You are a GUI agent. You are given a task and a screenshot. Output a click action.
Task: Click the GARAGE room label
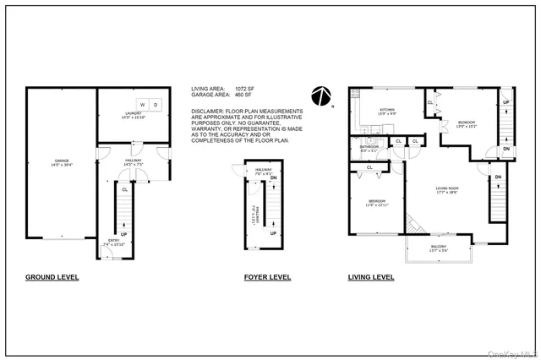click(x=61, y=160)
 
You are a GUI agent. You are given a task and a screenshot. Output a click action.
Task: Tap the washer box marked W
click(x=142, y=105)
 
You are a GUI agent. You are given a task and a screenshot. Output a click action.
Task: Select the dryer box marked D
click(x=155, y=105)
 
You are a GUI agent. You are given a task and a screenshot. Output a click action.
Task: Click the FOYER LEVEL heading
click(x=267, y=276)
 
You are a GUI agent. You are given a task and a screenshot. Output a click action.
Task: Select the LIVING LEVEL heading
click(x=370, y=276)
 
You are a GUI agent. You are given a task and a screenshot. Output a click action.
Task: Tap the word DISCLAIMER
click(x=208, y=111)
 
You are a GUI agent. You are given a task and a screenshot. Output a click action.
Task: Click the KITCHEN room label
click(x=386, y=110)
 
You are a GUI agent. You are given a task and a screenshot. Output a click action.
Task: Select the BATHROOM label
click(x=369, y=145)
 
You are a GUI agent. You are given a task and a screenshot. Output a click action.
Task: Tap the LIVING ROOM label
click(x=446, y=188)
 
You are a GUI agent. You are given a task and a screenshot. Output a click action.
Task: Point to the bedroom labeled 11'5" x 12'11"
click(x=375, y=203)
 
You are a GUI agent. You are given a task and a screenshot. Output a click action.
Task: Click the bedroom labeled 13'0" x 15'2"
click(x=466, y=123)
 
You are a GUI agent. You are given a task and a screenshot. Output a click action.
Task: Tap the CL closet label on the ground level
click(x=125, y=189)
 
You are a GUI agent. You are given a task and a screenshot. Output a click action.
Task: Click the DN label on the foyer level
click(x=272, y=177)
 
